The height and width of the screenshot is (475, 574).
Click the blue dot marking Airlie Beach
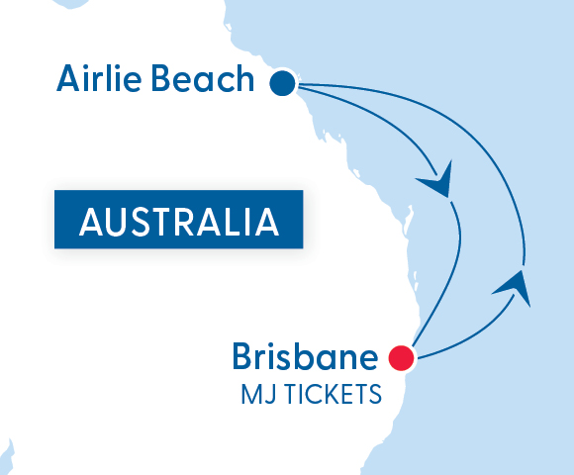tap(284, 83)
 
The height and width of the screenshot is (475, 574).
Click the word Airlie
tap(100, 78)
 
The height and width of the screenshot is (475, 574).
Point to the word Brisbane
tap(305, 357)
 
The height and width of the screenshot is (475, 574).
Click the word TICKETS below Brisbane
tap(332, 395)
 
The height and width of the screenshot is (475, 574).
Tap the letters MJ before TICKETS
tap(255, 395)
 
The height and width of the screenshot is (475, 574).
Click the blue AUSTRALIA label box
tap(178, 221)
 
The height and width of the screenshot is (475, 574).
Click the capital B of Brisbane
tap(242, 357)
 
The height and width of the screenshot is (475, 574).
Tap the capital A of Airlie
tap(69, 78)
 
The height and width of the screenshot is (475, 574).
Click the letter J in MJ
tap(265, 395)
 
